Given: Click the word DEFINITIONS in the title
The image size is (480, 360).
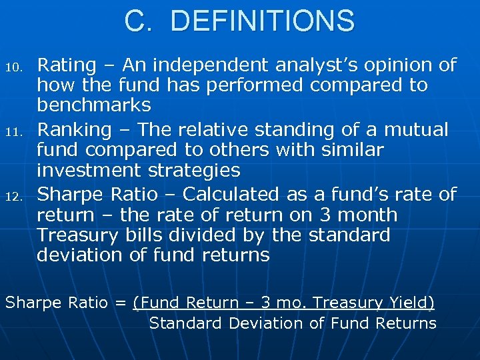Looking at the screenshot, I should (263, 21).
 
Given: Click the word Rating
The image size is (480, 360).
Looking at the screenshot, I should (67, 65).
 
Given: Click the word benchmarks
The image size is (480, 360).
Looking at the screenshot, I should (94, 106).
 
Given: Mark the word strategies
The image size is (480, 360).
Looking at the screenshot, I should (193, 171).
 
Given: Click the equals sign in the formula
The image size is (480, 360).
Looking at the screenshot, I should (120, 303).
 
